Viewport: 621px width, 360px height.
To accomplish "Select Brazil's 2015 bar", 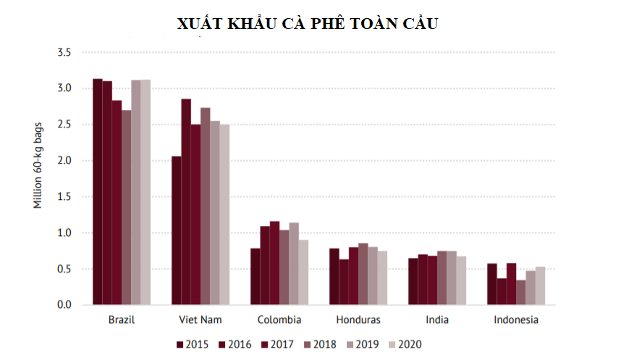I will pos(98,192).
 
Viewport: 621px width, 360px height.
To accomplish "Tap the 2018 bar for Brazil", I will pos(127,208).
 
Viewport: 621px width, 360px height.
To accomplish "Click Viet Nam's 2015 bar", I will pos(176,230).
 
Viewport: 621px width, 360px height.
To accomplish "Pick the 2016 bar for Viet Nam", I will pos(186,202).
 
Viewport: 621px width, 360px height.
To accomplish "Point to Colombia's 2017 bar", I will pos(274,263).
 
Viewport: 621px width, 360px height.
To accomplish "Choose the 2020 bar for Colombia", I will pos(303,272).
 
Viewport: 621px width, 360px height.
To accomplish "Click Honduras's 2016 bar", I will pos(344,282).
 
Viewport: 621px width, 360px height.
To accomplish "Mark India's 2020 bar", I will pos(461,280).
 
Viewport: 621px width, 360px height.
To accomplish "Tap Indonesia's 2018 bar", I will pos(521,292).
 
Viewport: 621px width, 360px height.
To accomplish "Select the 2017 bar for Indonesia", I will pos(511,284).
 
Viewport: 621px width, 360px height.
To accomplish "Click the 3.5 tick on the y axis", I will pos(64,53).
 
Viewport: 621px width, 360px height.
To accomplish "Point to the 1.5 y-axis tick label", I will pos(64,197).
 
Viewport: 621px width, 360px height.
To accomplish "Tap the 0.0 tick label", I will pos(64,305).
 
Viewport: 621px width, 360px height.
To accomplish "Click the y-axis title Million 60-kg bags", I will pos(38,167).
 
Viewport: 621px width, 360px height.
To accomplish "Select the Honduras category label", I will pos(358,319).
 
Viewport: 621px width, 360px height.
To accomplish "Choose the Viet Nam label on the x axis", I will pos(201,319).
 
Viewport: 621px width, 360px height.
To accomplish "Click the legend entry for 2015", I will pos(192,344).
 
